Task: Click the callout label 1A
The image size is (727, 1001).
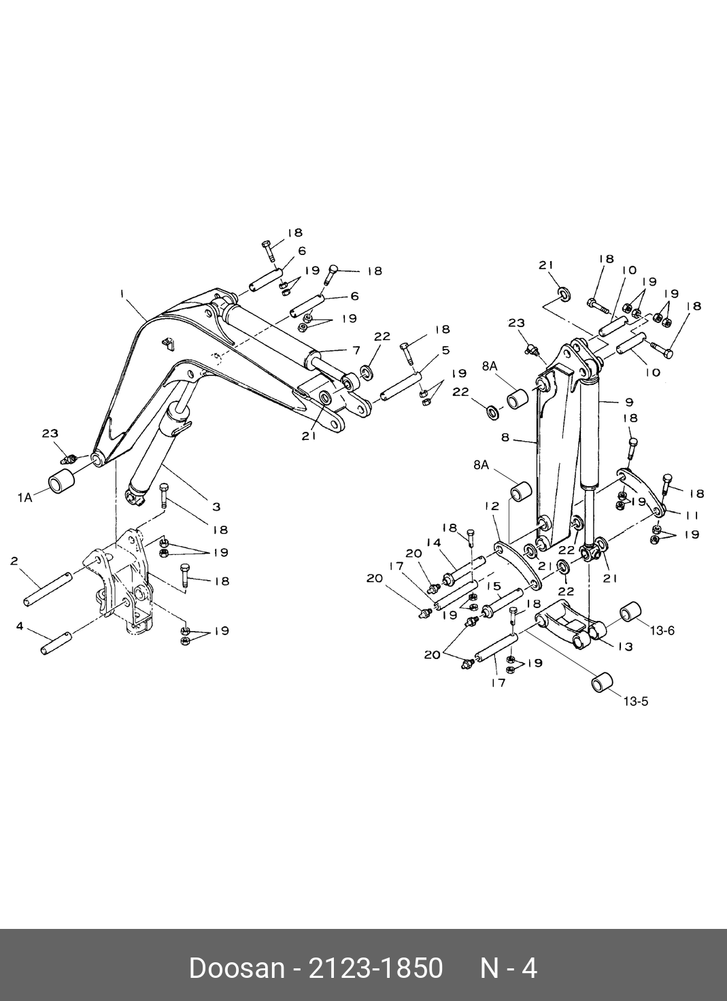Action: point(24,498)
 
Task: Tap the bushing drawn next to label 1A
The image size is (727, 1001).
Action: point(60,481)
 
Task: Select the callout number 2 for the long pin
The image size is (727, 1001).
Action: point(14,561)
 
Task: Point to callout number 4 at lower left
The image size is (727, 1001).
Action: point(20,626)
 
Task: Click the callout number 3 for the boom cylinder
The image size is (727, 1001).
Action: point(216,507)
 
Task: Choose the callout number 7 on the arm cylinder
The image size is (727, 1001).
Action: point(356,350)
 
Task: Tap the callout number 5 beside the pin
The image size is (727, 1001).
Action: point(445,350)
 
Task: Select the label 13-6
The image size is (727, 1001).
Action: point(662,631)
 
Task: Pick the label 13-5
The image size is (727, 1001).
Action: point(636,701)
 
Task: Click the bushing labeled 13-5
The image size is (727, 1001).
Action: point(602,683)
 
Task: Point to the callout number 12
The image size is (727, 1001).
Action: point(492,506)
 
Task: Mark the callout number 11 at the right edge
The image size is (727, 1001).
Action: point(692,516)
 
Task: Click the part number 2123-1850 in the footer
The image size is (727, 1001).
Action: point(375,967)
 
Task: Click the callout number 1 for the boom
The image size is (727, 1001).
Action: point(122,294)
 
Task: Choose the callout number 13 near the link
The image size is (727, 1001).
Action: point(625,646)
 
